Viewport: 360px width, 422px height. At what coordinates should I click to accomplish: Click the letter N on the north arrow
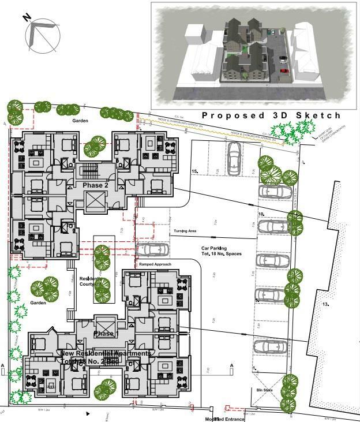[27, 17]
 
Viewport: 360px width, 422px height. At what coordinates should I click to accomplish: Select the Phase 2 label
[95, 185]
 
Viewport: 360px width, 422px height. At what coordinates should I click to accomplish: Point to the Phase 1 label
[105, 334]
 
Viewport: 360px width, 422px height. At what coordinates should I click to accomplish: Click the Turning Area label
[185, 231]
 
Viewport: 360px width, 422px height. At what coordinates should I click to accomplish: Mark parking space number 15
[195, 171]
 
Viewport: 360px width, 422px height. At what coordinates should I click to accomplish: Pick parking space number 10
[261, 214]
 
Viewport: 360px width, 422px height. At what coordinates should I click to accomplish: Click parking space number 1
[254, 367]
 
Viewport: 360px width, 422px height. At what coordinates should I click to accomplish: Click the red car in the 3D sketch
[284, 71]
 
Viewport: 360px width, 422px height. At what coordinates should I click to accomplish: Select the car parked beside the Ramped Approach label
[153, 250]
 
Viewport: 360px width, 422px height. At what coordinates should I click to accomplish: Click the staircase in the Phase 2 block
[90, 171]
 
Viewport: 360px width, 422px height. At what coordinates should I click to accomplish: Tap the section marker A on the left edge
[3, 366]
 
